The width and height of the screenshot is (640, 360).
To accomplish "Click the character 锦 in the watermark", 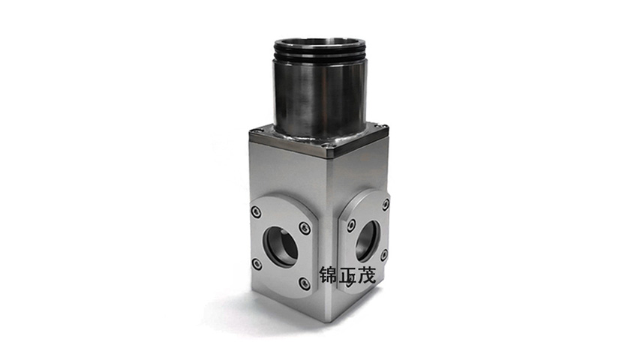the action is tap(328, 275).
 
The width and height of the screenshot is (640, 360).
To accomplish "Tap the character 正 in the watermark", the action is tap(347, 275).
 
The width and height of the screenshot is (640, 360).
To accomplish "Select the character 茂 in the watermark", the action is tap(366, 275).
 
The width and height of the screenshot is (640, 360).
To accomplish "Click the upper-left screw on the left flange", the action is tap(256, 211).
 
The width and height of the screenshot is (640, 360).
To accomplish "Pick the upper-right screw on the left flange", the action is tap(303, 228).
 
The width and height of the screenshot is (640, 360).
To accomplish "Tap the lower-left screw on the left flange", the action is tap(256, 264).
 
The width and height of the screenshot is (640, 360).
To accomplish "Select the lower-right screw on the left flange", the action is tap(303, 283).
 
